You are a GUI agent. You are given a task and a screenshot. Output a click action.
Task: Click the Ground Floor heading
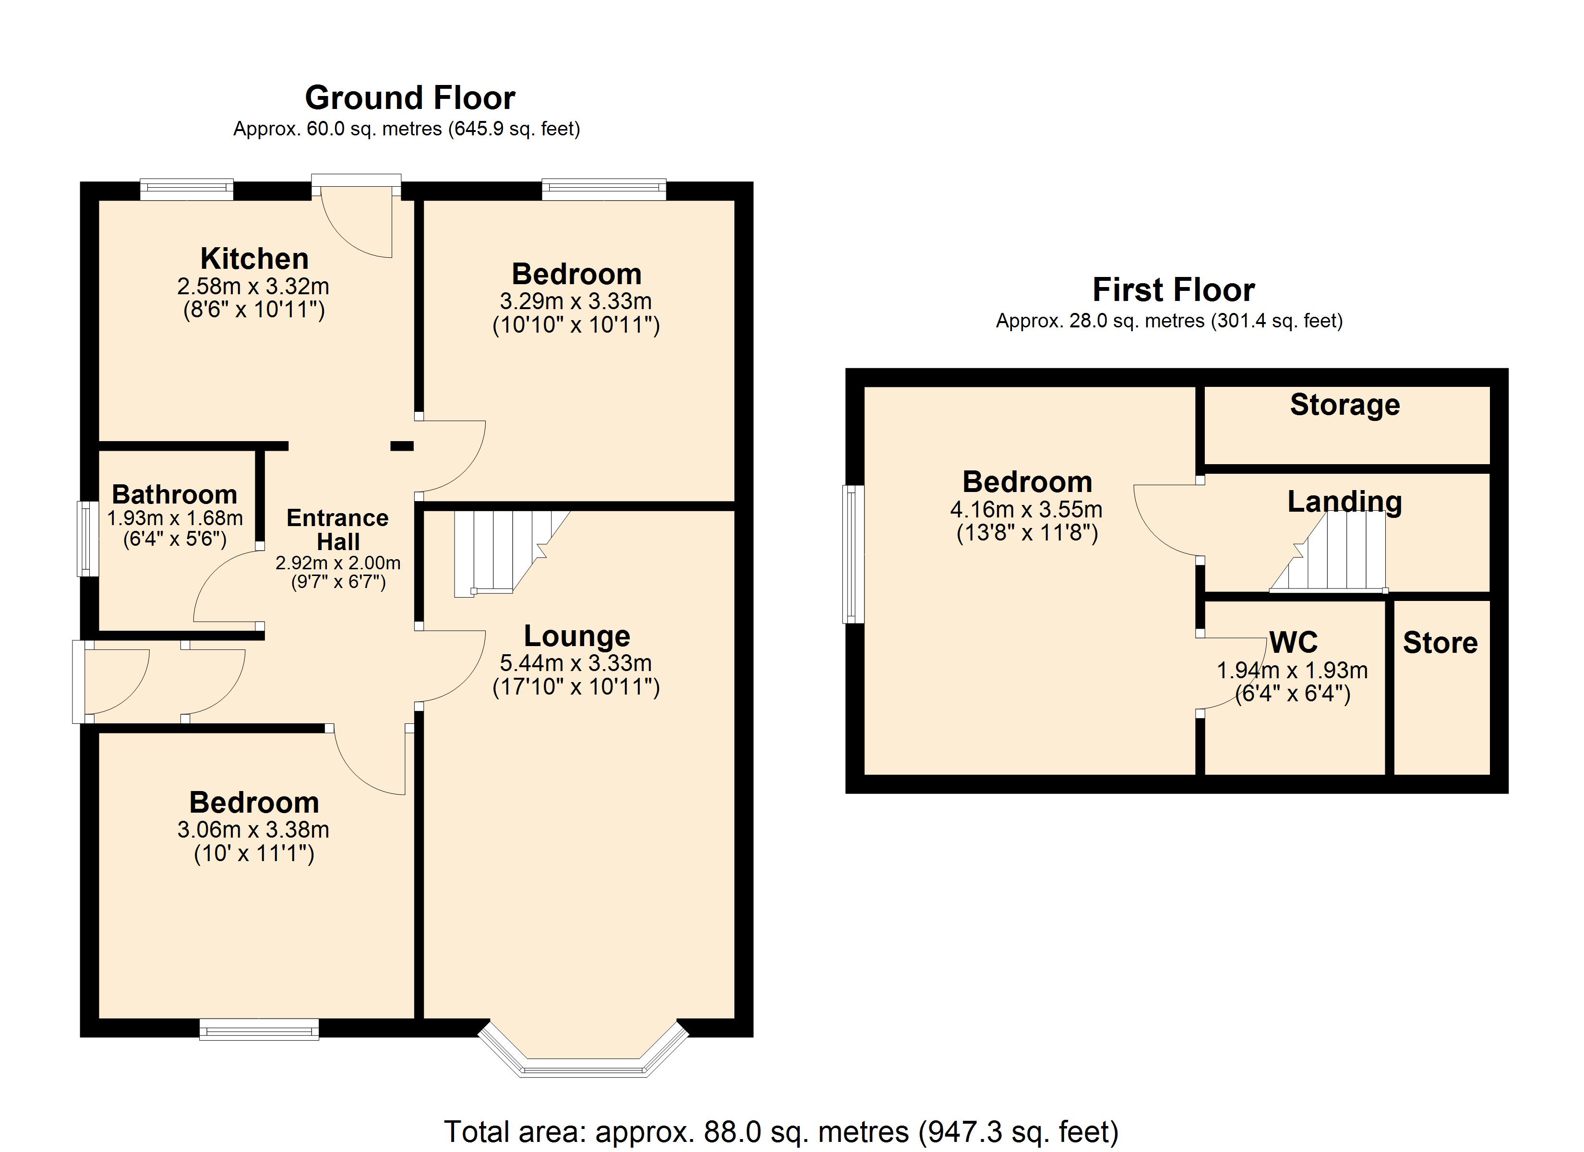410,98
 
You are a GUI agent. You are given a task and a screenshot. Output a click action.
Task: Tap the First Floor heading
1173,289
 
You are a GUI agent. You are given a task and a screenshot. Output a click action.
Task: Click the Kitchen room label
254,259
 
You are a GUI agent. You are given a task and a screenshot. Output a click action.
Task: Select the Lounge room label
577,636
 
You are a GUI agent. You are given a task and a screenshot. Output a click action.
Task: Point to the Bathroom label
175,494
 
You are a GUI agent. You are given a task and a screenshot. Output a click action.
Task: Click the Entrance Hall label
338,529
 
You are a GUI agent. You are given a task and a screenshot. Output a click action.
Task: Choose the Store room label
1440,643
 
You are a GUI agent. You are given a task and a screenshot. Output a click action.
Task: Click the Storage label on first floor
1345,405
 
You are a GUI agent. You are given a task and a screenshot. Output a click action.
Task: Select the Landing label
1344,502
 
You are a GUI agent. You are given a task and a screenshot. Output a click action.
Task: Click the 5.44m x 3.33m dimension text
576,663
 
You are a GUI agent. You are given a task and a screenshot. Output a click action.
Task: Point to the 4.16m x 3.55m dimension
1027,509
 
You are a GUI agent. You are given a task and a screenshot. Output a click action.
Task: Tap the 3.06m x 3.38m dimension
253,829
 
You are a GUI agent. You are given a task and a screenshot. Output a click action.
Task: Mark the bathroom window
87,539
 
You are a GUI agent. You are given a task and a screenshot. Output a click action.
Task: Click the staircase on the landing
1328,552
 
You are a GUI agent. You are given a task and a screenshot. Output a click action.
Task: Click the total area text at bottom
781,1131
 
